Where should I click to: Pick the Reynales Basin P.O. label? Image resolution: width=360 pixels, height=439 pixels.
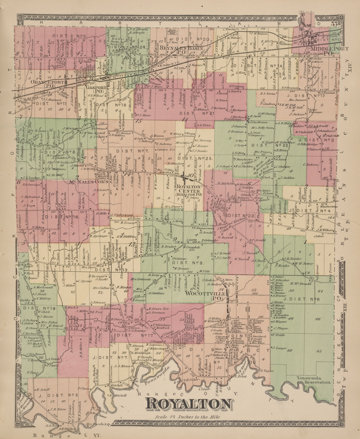tap(180, 51)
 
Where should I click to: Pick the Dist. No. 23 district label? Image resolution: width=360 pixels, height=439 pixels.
tap(241, 216)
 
